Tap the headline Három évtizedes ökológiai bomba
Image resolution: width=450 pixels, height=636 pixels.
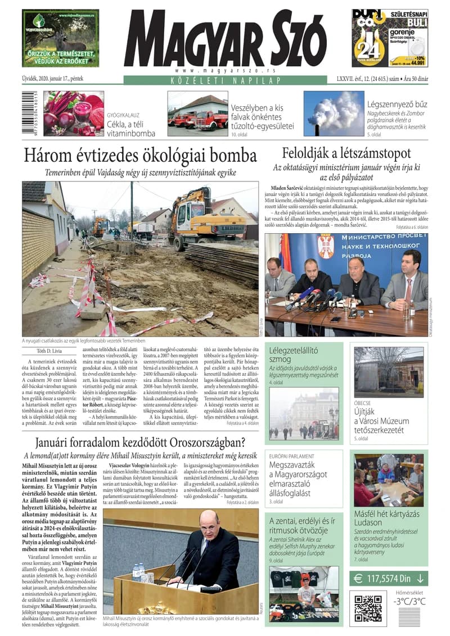pyautogui.click(x=139, y=155)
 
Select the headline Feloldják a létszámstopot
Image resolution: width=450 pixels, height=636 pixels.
pyautogui.click(x=346, y=153)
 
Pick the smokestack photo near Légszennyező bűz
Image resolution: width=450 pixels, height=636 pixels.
pyautogui.click(x=334, y=114)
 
